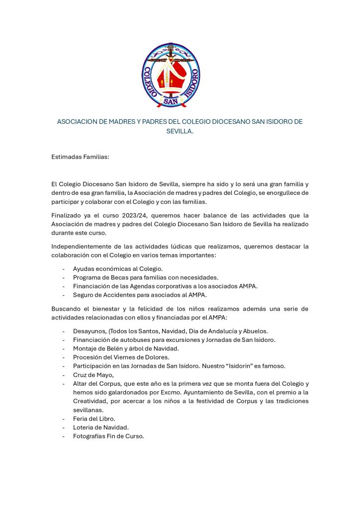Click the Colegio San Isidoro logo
(171, 75)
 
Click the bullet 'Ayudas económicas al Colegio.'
(118, 268)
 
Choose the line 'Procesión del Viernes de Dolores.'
(121, 357)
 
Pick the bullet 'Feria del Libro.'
(94, 419)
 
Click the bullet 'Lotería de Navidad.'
(101, 427)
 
